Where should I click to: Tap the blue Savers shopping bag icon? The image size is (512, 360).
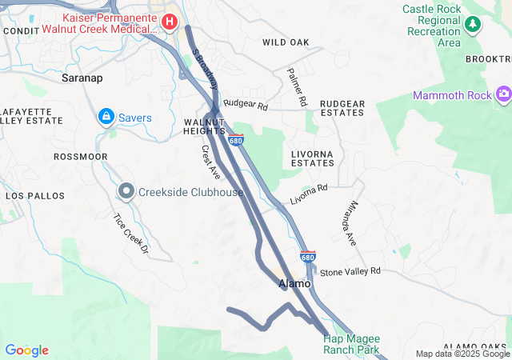pos(106,118)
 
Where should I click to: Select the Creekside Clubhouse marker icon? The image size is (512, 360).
pos(126,192)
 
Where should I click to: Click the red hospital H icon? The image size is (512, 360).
pos(170,21)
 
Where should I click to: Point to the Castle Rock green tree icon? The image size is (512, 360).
pos(473,24)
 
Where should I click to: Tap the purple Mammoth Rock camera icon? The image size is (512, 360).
pos(503,96)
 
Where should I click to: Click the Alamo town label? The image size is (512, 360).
pos(293,284)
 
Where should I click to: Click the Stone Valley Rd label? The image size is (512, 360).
pos(350,272)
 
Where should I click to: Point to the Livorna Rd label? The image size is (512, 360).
pos(309,194)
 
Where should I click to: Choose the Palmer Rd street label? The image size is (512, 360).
pos(297,87)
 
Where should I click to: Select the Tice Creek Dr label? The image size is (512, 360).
pos(131,234)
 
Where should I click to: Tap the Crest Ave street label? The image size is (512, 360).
pos(211,162)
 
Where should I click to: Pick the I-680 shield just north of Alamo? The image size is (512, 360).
pos(308,257)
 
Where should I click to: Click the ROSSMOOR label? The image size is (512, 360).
pos(80,157)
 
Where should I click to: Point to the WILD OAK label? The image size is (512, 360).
pos(285,42)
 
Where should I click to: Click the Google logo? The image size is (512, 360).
pos(26,350)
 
